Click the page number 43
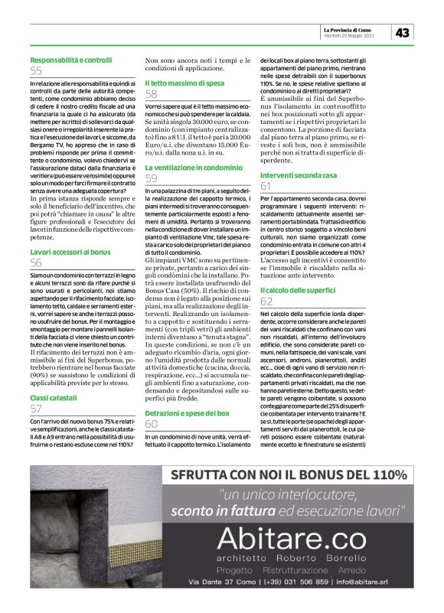404,32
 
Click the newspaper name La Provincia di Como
353,29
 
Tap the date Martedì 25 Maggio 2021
350,36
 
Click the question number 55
37,71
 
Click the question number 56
37,262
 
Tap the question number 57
37,410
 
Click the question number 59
152,178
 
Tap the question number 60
152,424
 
